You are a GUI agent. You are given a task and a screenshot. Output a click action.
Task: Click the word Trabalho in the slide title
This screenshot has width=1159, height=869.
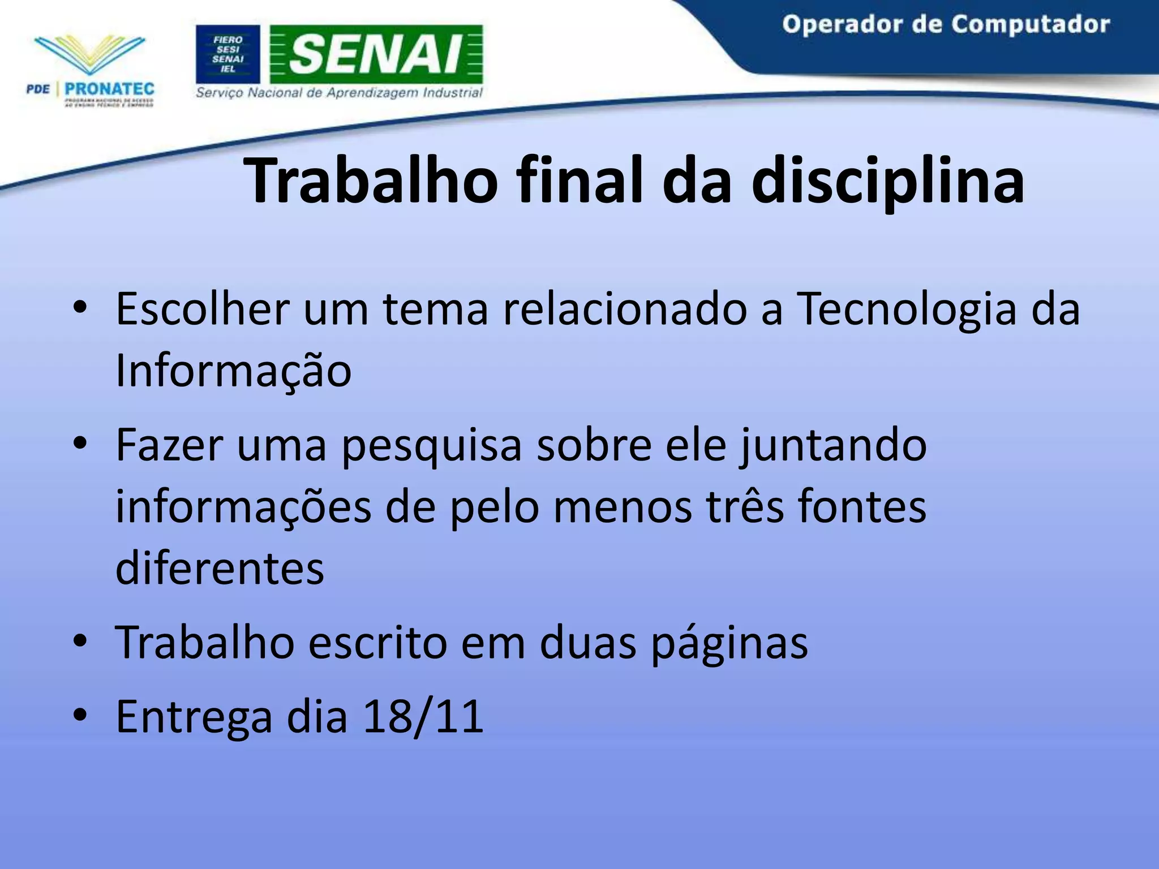click(x=371, y=181)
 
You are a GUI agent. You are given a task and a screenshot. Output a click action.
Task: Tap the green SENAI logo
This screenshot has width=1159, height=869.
click(x=376, y=54)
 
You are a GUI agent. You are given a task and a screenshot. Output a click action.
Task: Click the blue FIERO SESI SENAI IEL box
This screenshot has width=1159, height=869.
click(x=228, y=54)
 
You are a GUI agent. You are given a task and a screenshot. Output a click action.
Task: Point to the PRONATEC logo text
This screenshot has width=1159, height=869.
click(x=109, y=89)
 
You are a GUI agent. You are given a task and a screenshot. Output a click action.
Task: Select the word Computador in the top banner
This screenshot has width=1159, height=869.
click(x=1029, y=24)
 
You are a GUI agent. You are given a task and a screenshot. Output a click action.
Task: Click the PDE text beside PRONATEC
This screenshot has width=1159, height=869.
click(x=38, y=89)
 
